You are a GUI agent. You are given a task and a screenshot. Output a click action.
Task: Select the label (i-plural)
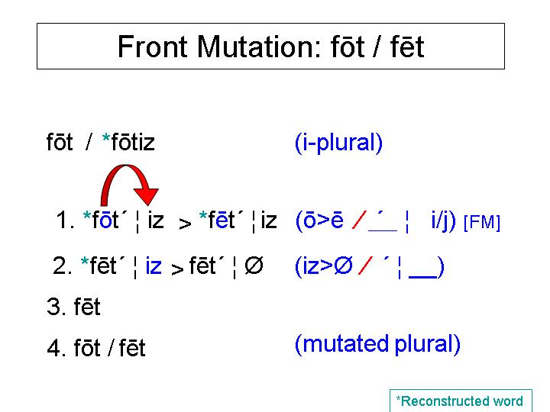click(x=339, y=143)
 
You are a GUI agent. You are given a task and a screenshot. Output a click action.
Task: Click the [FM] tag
click(x=482, y=222)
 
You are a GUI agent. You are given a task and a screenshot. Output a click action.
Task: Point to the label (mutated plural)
click(x=378, y=344)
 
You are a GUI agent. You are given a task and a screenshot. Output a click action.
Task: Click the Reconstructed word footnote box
click(x=461, y=401)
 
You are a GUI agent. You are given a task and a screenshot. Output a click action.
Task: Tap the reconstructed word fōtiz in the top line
click(x=133, y=143)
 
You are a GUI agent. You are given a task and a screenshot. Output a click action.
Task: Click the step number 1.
click(x=65, y=220)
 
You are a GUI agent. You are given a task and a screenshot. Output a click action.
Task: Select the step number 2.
click(x=63, y=266)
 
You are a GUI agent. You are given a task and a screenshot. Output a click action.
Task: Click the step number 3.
click(x=56, y=307)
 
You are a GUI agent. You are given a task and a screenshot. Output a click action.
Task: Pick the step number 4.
click(x=56, y=348)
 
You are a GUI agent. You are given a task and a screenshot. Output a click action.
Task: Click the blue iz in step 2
click(x=154, y=266)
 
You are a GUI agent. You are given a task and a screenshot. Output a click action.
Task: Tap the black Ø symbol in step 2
click(x=254, y=266)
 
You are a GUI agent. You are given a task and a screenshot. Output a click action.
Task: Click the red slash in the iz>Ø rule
click(x=365, y=266)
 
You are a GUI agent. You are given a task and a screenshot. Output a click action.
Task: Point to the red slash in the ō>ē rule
click(x=359, y=220)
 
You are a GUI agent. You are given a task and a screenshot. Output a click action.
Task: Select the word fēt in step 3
click(x=87, y=307)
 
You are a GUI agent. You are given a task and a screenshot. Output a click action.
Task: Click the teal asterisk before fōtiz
click(x=106, y=138)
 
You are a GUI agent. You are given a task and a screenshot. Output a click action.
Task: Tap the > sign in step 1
click(x=185, y=224)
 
